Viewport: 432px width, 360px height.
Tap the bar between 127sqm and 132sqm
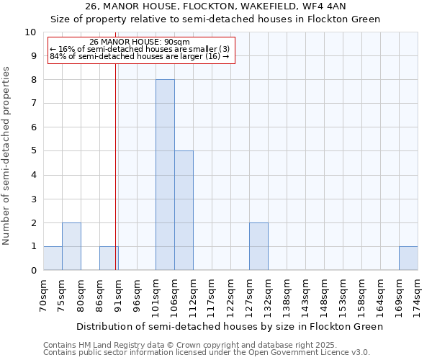[258, 246]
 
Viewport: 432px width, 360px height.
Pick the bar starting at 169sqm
[408, 258]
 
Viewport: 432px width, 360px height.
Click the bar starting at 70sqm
[53, 258]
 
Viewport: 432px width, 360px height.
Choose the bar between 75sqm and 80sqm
[71, 246]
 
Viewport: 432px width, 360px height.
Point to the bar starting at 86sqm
[109, 258]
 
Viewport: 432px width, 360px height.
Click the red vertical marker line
[115, 166]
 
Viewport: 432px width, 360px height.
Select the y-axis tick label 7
[32, 104]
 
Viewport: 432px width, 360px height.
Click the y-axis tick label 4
[32, 175]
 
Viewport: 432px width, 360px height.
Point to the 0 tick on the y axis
[32, 270]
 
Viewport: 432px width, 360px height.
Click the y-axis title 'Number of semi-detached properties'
[7, 156]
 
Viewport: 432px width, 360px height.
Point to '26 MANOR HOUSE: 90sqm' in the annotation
[140, 42]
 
